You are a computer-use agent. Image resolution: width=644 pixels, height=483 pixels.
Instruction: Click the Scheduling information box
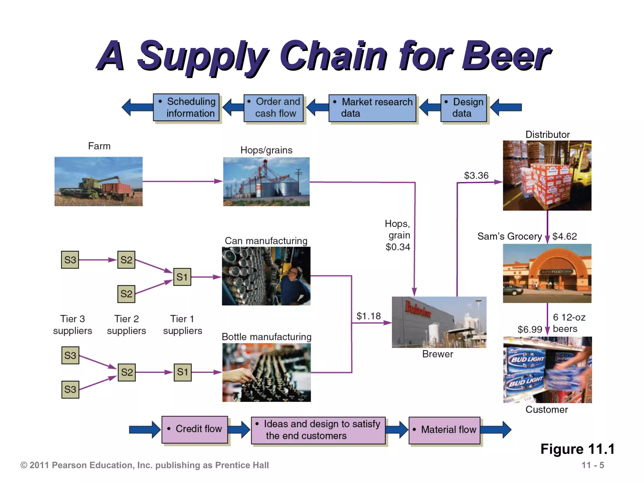(186, 108)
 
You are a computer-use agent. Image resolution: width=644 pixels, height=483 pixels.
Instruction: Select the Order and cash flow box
(274, 108)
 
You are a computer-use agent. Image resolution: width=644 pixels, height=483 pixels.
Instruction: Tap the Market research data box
(372, 108)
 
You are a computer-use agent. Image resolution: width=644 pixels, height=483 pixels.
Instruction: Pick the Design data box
(464, 108)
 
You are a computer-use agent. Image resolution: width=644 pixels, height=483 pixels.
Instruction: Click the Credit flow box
(195, 429)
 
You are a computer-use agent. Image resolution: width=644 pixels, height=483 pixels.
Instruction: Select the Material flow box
(444, 430)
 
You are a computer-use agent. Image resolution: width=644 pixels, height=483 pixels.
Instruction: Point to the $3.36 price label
(476, 175)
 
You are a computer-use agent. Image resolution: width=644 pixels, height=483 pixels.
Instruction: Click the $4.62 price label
(564, 236)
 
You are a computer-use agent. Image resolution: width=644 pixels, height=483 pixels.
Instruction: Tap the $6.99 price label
(530, 329)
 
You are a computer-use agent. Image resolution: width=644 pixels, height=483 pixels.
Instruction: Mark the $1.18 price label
(368, 316)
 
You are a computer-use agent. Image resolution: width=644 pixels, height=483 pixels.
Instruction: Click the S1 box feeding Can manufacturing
(182, 277)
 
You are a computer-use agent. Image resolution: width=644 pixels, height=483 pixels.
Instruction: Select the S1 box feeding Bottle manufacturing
(182, 372)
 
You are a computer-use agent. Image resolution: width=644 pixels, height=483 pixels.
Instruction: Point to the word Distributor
(547, 135)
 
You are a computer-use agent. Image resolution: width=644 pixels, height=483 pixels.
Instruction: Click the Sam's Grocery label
(509, 236)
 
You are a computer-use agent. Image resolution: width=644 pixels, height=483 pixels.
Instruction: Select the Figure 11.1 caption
(577, 449)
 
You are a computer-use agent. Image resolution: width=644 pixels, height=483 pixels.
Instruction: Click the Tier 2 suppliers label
(126, 325)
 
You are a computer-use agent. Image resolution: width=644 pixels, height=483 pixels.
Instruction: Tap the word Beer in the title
(505, 56)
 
